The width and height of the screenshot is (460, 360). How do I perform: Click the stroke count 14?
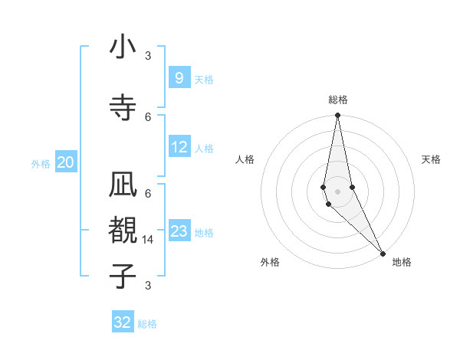tap(148, 241)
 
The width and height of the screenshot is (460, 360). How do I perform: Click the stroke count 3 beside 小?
tap(148, 56)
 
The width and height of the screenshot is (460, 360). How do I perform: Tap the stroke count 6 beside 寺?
tap(148, 116)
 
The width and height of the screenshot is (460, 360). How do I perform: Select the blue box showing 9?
tap(179, 77)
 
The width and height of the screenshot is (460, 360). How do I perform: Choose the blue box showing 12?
tap(179, 147)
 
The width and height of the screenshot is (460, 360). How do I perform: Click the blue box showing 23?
tap(179, 231)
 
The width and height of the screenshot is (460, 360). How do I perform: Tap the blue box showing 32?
tap(123, 322)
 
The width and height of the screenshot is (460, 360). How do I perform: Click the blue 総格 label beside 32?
tap(147, 324)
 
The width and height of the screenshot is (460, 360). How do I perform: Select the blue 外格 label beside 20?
tap(41, 163)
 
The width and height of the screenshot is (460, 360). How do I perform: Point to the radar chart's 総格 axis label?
tap(337, 100)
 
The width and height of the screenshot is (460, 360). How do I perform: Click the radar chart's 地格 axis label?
tap(402, 262)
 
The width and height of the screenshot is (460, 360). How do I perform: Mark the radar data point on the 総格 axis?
tap(337, 116)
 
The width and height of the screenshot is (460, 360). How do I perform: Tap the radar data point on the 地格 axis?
tap(383, 253)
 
